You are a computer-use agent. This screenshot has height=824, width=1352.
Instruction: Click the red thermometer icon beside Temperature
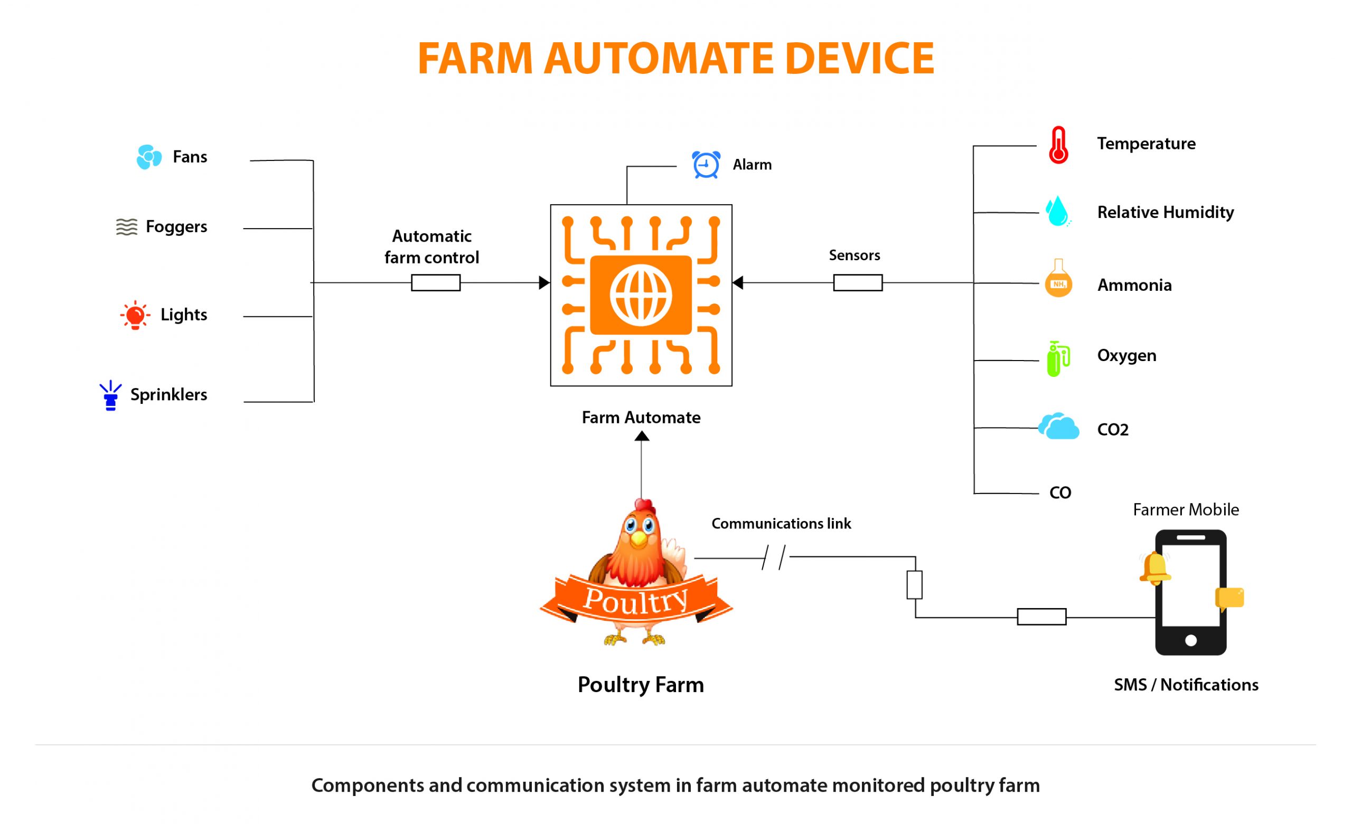(x=1058, y=145)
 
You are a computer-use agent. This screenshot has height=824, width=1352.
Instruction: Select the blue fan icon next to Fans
(x=149, y=157)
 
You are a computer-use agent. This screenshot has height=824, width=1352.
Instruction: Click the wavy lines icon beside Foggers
(x=127, y=226)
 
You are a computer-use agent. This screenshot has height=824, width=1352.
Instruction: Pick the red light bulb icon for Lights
(x=135, y=316)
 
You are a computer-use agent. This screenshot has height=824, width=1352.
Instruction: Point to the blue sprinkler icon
(x=110, y=395)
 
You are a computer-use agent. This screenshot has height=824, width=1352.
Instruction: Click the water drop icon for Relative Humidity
(x=1057, y=211)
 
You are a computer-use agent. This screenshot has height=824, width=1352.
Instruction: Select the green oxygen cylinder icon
(x=1057, y=359)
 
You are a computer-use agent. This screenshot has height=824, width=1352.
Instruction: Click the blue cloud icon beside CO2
(x=1059, y=428)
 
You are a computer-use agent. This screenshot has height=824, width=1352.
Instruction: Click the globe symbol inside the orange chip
(x=641, y=295)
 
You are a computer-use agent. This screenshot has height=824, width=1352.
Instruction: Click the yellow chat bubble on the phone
(x=1229, y=599)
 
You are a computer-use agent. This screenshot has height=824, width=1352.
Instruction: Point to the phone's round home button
(x=1191, y=640)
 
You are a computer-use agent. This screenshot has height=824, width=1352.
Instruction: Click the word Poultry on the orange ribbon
(x=635, y=600)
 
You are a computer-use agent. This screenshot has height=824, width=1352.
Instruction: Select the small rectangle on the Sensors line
(x=858, y=282)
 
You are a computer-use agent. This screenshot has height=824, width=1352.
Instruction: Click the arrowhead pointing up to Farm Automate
(x=642, y=437)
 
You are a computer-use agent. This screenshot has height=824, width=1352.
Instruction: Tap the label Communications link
(x=781, y=523)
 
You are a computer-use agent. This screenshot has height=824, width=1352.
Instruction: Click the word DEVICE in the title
(x=859, y=59)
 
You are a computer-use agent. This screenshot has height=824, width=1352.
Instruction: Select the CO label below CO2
(x=1060, y=492)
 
